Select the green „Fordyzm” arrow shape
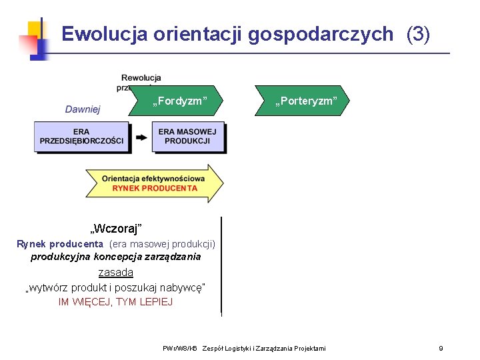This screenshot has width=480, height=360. tap(180, 101)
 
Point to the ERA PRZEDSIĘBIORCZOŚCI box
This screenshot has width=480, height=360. tap(81, 136)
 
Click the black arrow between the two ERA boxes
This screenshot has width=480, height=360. tap(141, 137)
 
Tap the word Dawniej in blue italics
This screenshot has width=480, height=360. tap(83, 109)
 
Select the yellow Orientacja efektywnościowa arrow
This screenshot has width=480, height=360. tap(154, 183)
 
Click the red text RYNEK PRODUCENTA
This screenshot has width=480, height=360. tap(155, 188)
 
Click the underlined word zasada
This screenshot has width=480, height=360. tap(116, 272)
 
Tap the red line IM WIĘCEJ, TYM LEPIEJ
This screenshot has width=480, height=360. tap(115, 302)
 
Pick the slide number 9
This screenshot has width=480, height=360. tap(441, 348)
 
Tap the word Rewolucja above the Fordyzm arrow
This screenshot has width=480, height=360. tap(141, 78)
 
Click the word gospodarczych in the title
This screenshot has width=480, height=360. tap(321, 34)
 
